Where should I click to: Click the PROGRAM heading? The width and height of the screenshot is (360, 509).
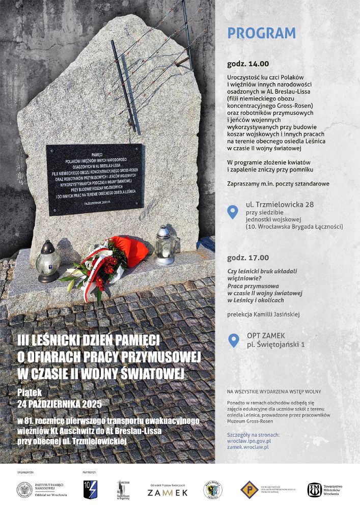tap(261, 33)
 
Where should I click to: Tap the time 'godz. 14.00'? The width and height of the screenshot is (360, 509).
tap(248, 64)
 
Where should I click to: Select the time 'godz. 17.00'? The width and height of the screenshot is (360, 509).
tap(248, 258)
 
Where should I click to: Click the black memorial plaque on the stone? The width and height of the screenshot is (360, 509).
tap(94, 179)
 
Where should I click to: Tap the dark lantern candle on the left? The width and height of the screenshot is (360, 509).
tap(48, 261)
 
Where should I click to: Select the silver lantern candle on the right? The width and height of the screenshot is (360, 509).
tap(164, 246)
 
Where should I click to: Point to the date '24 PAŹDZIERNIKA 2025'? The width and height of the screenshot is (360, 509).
tap(60, 404)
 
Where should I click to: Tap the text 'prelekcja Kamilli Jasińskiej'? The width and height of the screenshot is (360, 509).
tap(263, 315)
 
